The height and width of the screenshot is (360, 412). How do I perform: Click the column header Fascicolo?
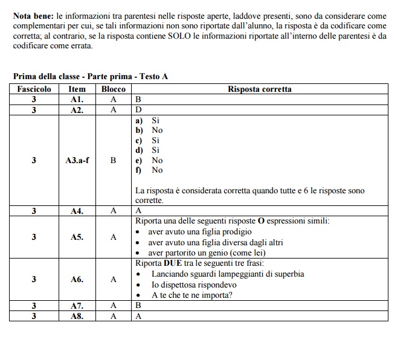pos(34,89)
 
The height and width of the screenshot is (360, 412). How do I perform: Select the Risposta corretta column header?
pos(259,89)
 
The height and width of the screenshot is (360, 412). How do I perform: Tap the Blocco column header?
pos(113,89)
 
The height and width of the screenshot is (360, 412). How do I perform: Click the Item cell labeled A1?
pos(77,99)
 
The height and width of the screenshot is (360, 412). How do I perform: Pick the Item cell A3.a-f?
pos(77,161)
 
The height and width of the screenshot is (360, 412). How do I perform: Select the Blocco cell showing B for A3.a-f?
pos(113,161)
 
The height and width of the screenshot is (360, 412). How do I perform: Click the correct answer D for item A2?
pos(138,109)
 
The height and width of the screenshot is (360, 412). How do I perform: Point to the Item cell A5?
pos(77,237)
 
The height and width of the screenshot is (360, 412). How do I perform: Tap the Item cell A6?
pos(77,280)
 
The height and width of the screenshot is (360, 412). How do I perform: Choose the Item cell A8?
pos(77,315)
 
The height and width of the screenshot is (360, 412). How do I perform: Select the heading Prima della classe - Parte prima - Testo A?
pos(91,76)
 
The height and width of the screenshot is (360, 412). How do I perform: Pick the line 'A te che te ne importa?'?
pos(192,295)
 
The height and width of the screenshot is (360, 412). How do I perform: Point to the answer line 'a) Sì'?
pos(147,120)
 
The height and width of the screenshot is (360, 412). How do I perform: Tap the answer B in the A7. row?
pos(138,305)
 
